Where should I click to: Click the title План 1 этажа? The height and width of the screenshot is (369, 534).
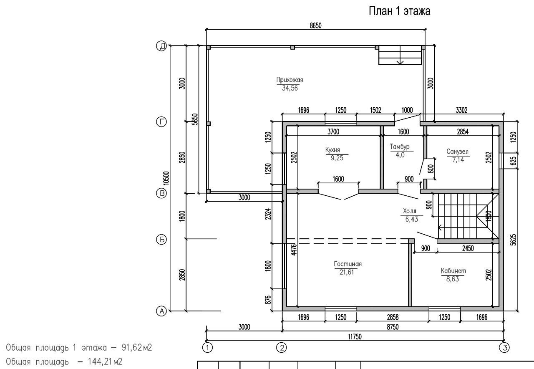coord(400,11)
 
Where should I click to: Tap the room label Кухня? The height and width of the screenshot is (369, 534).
coord(332,150)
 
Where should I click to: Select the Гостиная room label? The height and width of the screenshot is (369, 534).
coord(348,264)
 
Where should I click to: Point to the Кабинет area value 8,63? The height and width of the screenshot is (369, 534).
coord(453,279)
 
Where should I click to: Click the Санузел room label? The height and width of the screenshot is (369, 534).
coord(457,152)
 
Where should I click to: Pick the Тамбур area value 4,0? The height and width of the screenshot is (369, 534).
coord(400,155)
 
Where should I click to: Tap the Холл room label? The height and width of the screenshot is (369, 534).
coord(410,211)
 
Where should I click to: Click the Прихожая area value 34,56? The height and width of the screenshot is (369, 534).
coord(290,88)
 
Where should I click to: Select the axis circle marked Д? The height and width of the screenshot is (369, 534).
coord(161,45)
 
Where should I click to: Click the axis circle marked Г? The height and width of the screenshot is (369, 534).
coord(161,122)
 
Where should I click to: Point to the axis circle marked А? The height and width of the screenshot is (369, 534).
coord(161,311)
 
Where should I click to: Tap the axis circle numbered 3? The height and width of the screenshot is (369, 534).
coord(504,348)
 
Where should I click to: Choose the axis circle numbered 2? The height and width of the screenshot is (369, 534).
coord(282,348)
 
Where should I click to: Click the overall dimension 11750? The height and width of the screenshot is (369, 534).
coord(355,337)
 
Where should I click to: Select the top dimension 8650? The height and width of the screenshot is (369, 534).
coord(316,25)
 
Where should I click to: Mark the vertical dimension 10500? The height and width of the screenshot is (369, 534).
coord(166,178)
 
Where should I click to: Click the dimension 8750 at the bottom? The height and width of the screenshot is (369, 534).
coord(393,327)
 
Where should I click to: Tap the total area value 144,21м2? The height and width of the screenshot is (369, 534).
coord(105,362)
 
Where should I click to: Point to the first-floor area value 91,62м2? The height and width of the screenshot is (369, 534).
coord(136,348)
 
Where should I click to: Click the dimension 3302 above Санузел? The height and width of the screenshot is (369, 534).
coord(461,110)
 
